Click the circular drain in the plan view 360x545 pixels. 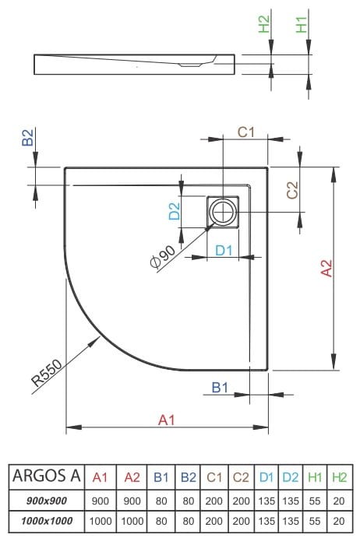[224, 211]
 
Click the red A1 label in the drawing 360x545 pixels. [166, 420]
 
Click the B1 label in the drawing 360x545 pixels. [220, 387]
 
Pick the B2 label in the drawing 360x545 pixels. [26, 139]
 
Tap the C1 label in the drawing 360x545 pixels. [245, 132]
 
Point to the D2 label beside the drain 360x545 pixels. [175, 210]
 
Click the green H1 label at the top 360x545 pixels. [301, 24]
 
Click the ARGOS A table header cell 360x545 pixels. [45, 476]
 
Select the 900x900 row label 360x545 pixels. [45, 499]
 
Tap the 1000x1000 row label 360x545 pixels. [45, 520]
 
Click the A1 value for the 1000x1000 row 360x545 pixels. [100, 520]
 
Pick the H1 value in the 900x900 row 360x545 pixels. [315, 499]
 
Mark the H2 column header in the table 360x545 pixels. [339, 476]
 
